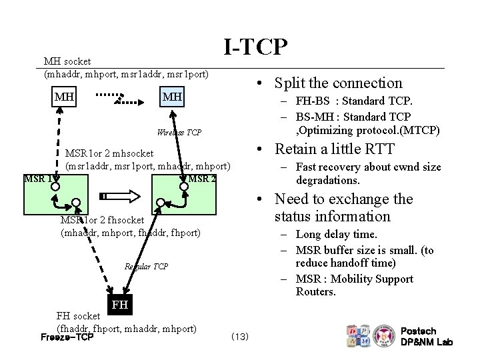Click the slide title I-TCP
coord(255,47)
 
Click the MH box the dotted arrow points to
coord(172,97)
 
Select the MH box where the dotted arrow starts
coord(64,97)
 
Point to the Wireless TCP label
coord(179,133)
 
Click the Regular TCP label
coord(146,267)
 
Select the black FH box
coord(119,305)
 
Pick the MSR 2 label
coord(201,179)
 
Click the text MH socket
coord(67,61)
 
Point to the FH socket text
coord(77,316)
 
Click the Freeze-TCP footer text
coord(67,337)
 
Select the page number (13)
coord(239,337)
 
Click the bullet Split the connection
coord(338,83)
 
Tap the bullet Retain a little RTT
coord(334,149)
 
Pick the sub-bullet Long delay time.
coord(336,234)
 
